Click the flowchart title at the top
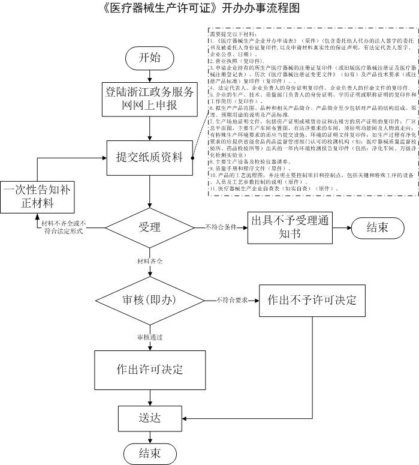pyautogui.click(x=201, y=8)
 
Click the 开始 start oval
pyautogui.click(x=149, y=58)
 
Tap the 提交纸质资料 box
pyautogui.click(x=150, y=158)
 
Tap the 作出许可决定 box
pyautogui.click(x=150, y=368)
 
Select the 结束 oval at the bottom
pyautogui.click(x=150, y=453)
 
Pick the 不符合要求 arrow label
pyautogui.click(x=232, y=299)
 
